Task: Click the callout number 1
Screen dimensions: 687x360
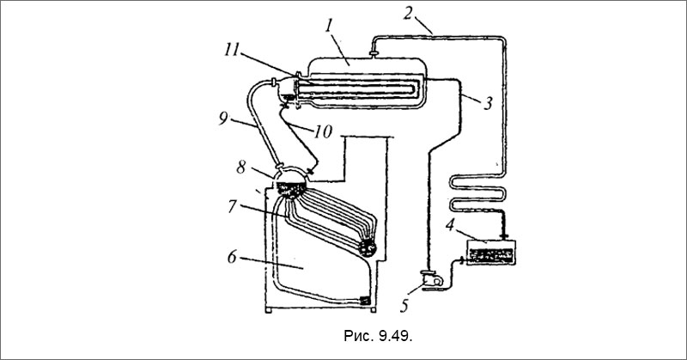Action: [x=330, y=26]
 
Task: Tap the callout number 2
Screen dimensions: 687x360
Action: [x=409, y=13]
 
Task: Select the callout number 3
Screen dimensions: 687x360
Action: [x=489, y=103]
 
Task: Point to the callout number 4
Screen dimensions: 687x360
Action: [x=450, y=225]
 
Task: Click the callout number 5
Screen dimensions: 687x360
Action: [x=404, y=306]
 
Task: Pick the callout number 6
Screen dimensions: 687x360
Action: [x=232, y=257]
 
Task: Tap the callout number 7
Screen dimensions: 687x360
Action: [x=233, y=206]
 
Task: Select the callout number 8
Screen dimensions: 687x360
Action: [x=241, y=167]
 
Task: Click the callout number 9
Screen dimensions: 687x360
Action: [x=223, y=119]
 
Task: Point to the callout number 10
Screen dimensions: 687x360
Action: [x=323, y=131]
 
